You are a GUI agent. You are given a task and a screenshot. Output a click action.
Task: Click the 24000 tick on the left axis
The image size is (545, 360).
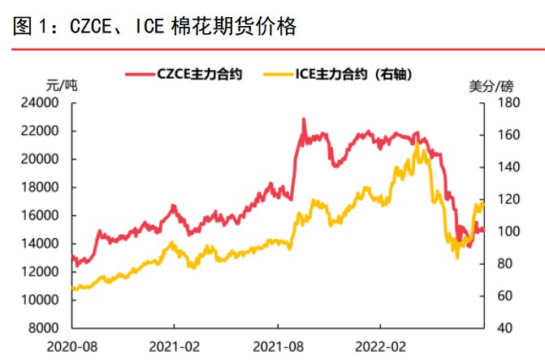[x=43, y=103]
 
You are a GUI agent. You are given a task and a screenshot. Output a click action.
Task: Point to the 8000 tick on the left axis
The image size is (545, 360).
[x=46, y=327]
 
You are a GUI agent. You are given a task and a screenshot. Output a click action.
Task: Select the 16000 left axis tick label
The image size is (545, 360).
[x=43, y=215]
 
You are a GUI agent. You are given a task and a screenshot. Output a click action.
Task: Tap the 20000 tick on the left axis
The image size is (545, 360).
[x=43, y=159]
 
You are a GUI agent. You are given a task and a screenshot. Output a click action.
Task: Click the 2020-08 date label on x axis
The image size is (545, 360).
[x=72, y=346]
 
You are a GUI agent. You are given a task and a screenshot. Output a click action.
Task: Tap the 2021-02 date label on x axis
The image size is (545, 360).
[x=175, y=346]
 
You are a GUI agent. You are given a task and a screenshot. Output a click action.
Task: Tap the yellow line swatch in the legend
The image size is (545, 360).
[x=279, y=74]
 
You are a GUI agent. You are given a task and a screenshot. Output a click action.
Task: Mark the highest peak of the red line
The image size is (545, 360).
[x=304, y=119]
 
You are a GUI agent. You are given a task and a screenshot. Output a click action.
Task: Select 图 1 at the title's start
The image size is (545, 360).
[x=31, y=27]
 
